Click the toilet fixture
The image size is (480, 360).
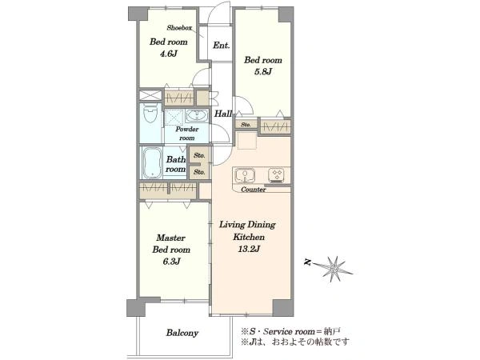pos(150,113)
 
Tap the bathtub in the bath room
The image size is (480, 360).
pos(152,162)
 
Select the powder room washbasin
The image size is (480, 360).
pos(196,116)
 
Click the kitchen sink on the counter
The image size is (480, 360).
pos(246,174)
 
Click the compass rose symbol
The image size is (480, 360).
pos(333,269)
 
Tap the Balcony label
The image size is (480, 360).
pos(182,333)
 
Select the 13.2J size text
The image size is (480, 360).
pos(249,249)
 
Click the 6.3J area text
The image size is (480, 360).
pos(171,262)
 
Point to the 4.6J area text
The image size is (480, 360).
pos(168,54)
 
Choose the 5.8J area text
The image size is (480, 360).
pos(263,72)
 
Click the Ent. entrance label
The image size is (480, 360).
pos(221,46)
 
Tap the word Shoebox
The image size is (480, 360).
pos(179,28)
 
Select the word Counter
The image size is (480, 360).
pos(253,190)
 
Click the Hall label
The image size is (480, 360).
pos(223,114)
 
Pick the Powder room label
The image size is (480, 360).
pos(186,134)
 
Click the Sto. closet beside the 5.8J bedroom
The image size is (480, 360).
pos(246,125)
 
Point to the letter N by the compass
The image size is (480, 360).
pos(308,262)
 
